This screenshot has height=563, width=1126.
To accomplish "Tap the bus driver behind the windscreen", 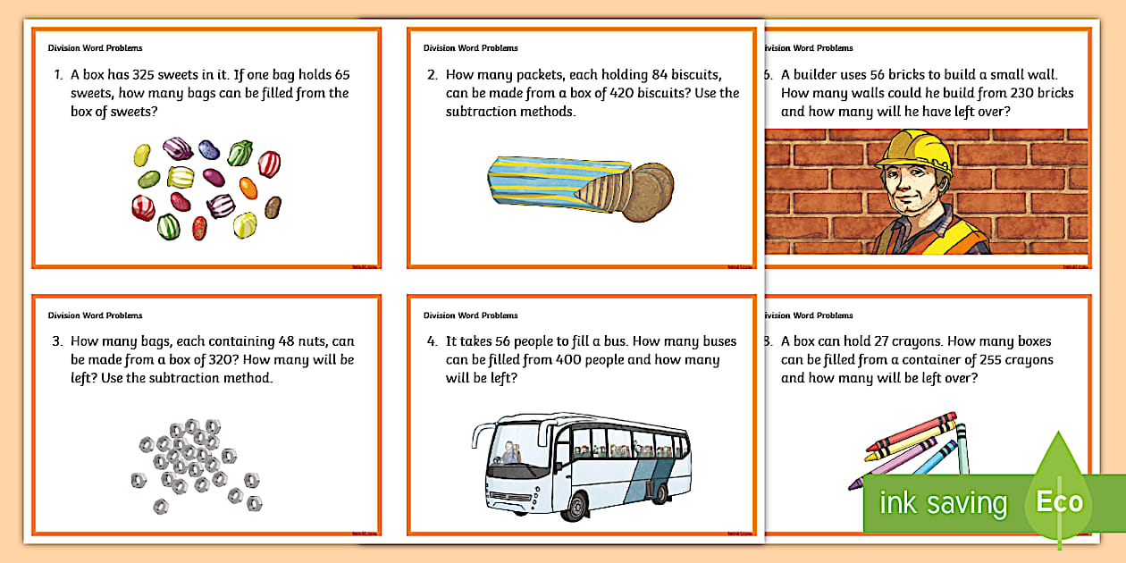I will point(510,452).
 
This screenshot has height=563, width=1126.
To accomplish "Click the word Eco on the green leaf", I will point(1059,501).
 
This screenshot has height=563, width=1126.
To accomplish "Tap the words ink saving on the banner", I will point(943,503).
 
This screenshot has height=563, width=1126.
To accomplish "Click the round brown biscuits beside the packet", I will point(643,192).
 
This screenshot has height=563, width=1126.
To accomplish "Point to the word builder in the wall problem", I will point(819,75).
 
